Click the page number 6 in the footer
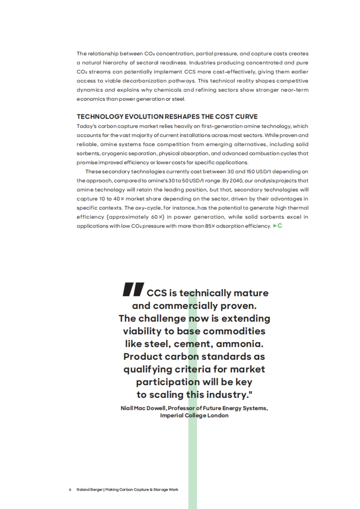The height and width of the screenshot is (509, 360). [x=70, y=490]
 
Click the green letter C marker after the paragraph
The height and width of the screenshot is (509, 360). [x=280, y=226]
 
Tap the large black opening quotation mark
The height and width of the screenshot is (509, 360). [x=133, y=289]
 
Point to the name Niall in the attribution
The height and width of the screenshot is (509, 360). [x=127, y=408]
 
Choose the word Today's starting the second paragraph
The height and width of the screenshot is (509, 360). [x=86, y=126]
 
